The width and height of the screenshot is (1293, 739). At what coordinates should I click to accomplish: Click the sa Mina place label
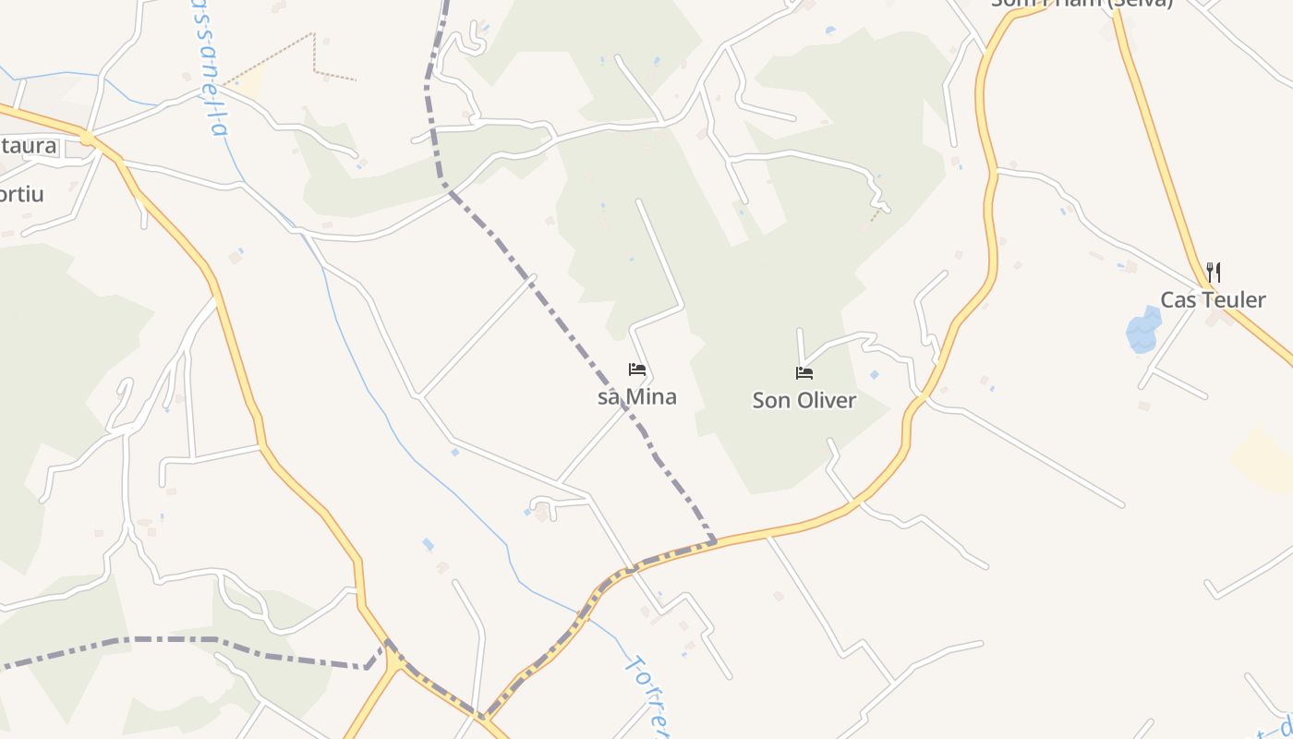coord(637,397)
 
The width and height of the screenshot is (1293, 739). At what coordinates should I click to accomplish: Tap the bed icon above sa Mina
coord(637,370)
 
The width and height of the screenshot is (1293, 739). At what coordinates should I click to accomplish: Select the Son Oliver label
coord(804,401)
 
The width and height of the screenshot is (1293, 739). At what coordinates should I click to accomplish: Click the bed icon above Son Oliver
coord(804,373)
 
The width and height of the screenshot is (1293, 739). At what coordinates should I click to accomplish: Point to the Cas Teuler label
coord(1213,300)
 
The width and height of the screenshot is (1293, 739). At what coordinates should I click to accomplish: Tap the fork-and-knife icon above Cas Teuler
coord(1214,273)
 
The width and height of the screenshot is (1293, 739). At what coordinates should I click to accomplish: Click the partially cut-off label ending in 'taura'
coord(28,146)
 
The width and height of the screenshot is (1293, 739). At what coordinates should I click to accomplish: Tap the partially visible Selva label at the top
coord(1081,4)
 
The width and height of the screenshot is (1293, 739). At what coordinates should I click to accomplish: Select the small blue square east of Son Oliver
coord(875,375)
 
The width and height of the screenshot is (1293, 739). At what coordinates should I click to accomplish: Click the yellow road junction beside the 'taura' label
coord(88,139)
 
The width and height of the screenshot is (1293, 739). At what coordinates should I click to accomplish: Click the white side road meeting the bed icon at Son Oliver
coord(800,346)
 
